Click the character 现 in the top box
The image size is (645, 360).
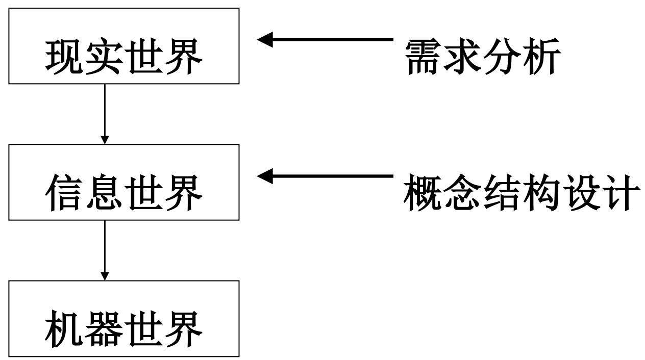coord(64,57)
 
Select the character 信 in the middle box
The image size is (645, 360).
coord(64,193)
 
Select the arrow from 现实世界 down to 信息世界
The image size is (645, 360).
coord(105,113)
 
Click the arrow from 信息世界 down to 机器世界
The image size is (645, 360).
coord(105,250)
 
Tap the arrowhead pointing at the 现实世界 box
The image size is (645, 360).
coord(265,39)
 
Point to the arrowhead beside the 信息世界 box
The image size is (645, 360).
coord(265,176)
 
